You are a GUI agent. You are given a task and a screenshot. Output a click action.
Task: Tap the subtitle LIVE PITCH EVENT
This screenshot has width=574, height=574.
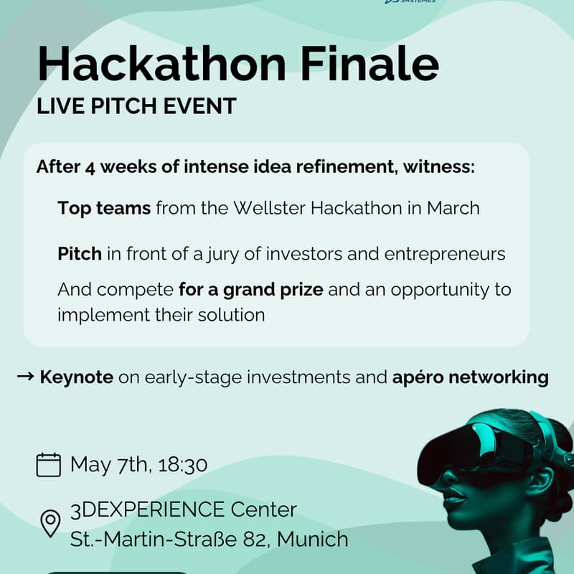[137, 106]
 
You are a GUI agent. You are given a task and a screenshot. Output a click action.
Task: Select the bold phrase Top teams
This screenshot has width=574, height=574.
[104, 208]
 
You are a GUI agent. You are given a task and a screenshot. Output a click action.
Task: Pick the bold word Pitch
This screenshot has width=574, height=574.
[80, 254]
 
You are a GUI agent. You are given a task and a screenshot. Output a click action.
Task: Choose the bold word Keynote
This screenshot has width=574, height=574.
[77, 377]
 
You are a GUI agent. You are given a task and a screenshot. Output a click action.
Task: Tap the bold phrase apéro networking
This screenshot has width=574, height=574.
[471, 377]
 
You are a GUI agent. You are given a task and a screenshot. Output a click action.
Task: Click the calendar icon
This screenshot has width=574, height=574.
[49, 464]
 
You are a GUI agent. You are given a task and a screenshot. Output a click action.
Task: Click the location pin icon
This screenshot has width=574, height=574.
[49, 523]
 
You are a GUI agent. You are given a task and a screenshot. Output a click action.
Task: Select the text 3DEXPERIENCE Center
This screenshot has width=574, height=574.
[183, 510]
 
